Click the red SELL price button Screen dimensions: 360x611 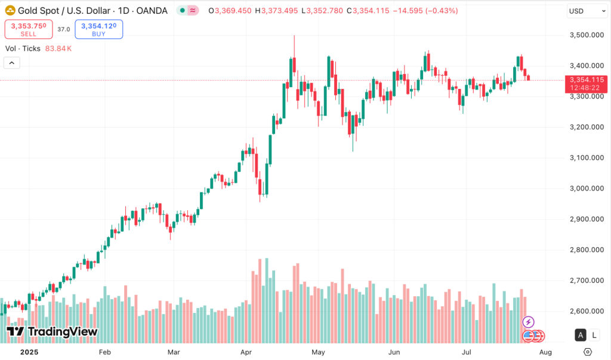[x=29, y=29]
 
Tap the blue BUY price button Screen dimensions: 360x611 [x=99, y=29]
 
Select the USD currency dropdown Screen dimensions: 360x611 [x=587, y=11]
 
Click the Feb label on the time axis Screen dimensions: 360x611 [x=105, y=352]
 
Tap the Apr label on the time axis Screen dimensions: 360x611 [x=246, y=352]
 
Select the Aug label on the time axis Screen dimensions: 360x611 [x=545, y=352]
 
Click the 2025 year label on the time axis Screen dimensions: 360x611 [x=29, y=352]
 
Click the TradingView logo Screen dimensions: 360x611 [x=52, y=332]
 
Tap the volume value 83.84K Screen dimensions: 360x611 [x=58, y=48]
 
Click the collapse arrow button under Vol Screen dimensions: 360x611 [x=12, y=63]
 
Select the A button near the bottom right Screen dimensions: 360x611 [x=579, y=335]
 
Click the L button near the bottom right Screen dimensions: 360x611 [x=594, y=335]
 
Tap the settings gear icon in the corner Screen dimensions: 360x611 [x=588, y=352]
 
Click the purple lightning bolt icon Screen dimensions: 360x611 [x=528, y=322]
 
